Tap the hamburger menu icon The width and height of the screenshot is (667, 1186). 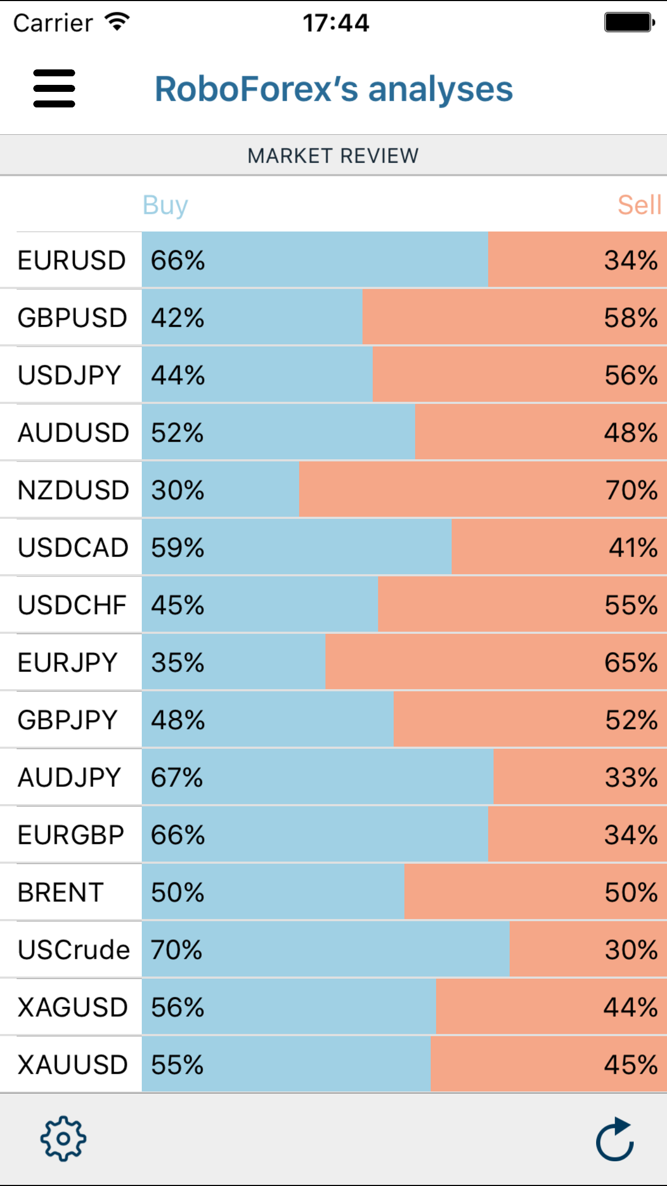click(54, 89)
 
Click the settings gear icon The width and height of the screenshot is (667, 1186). click(63, 1138)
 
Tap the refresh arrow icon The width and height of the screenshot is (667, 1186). click(615, 1139)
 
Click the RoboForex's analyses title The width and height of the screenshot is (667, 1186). click(334, 89)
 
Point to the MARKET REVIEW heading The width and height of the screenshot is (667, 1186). click(333, 156)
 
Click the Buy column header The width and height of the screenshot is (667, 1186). click(165, 205)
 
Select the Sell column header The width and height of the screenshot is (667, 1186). click(639, 205)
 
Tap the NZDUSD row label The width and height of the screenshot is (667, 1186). click(73, 490)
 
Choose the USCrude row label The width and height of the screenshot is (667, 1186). click(74, 950)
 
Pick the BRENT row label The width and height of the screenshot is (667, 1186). click(61, 892)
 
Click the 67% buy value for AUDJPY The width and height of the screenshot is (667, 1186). click(177, 777)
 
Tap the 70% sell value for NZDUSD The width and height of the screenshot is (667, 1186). click(631, 490)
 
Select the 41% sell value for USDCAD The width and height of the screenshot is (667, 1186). click(633, 548)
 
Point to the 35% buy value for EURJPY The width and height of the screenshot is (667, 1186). click(177, 663)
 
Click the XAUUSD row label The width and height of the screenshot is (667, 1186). click(73, 1065)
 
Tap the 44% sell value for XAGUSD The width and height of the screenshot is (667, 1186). click(630, 1007)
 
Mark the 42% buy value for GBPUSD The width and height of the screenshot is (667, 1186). click(177, 318)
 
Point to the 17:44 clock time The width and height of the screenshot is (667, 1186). click(336, 23)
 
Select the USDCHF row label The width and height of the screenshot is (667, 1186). click(72, 605)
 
